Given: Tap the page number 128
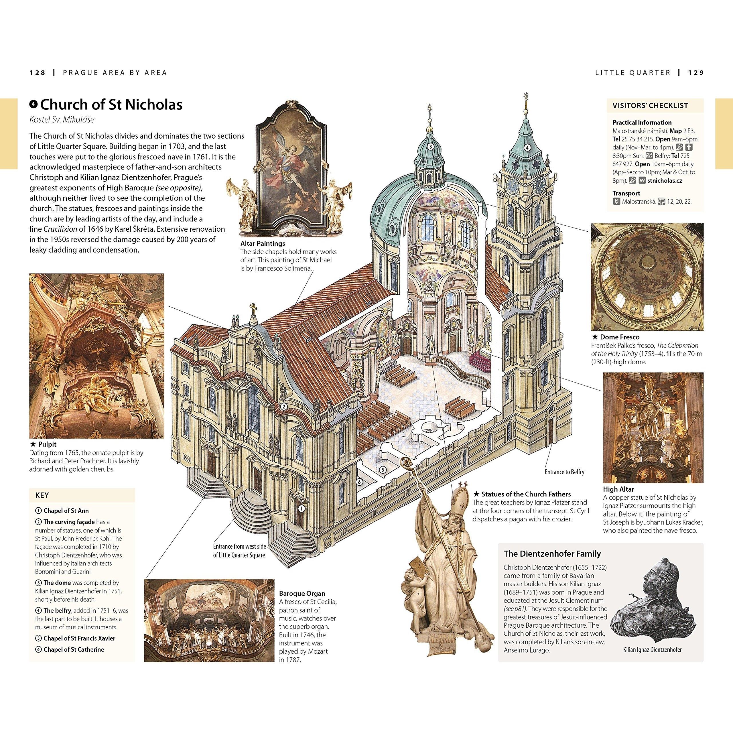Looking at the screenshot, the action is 37,72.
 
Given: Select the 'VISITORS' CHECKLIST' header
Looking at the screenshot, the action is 650,105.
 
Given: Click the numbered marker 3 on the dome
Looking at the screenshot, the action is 431,146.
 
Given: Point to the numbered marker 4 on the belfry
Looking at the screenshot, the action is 527,147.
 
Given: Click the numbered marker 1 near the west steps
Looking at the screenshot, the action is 302,509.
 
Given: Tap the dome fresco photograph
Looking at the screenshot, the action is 647,277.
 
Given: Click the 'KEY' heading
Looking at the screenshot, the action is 42,495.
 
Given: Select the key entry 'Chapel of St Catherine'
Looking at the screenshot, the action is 74,649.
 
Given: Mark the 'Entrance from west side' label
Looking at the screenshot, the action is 239,547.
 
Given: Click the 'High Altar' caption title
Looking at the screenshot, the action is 618,489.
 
